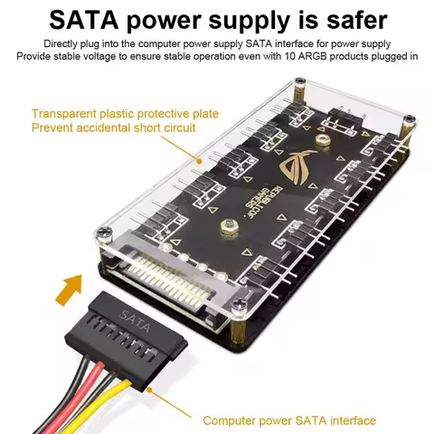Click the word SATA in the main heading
[x=83, y=19]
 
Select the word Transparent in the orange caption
[x=64, y=114]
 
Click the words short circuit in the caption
[x=165, y=127]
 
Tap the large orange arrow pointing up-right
[x=69, y=289]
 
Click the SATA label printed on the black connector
[x=135, y=321]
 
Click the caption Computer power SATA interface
[x=289, y=420]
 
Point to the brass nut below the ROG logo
[x=229, y=227]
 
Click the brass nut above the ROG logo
[x=322, y=140]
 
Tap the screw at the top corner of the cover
[x=299, y=81]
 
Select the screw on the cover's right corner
[x=409, y=119]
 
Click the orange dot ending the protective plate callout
[x=199, y=161]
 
